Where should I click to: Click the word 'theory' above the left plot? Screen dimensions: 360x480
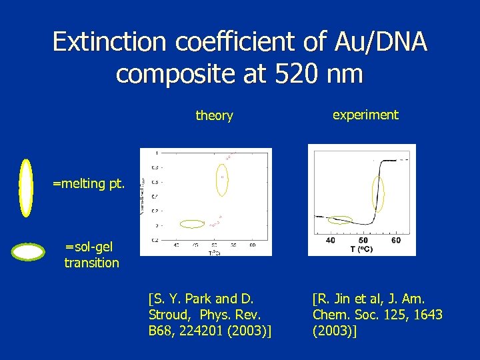[x=214, y=116]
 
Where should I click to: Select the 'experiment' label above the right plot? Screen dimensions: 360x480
[x=365, y=115]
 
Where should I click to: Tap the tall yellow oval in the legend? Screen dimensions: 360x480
[x=26, y=188]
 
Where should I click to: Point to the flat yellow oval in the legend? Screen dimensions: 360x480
[x=29, y=252]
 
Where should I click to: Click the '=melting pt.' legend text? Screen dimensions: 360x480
[x=88, y=184]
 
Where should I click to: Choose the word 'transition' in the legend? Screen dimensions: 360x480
[x=91, y=263]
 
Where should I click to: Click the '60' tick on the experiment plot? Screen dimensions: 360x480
[x=396, y=240]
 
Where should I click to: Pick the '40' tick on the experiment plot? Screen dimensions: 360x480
[x=331, y=240]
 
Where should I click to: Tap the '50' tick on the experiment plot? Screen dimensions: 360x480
[x=363, y=240]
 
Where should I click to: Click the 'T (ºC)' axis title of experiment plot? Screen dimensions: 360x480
[x=364, y=249]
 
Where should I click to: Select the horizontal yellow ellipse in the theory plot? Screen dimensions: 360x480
[x=193, y=224]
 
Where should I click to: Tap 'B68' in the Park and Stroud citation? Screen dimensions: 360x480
[x=161, y=330]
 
